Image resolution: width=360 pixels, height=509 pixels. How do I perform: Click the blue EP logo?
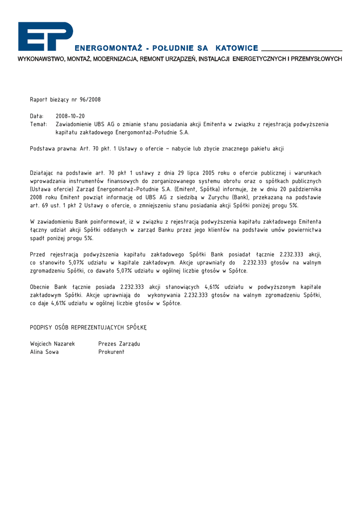(x=45, y=36)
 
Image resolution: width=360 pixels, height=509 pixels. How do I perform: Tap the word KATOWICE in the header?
(x=237, y=49)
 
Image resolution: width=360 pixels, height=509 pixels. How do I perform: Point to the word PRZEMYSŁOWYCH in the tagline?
(x=316, y=59)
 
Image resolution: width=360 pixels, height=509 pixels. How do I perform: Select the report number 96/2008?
(x=90, y=100)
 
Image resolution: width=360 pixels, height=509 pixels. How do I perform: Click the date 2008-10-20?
(x=70, y=116)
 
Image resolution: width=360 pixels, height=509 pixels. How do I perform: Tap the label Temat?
(x=39, y=124)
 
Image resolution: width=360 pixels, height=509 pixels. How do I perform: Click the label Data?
(x=37, y=116)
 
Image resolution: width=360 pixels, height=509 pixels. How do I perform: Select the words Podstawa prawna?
(x=50, y=149)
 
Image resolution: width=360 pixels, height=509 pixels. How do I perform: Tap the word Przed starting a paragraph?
(x=39, y=254)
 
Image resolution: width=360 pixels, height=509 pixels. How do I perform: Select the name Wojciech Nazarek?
(x=52, y=343)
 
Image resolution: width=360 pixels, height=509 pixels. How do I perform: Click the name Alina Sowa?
(x=44, y=352)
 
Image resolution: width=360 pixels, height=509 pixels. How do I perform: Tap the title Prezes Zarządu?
(x=119, y=343)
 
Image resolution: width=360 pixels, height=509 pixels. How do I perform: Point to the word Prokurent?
(x=111, y=352)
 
